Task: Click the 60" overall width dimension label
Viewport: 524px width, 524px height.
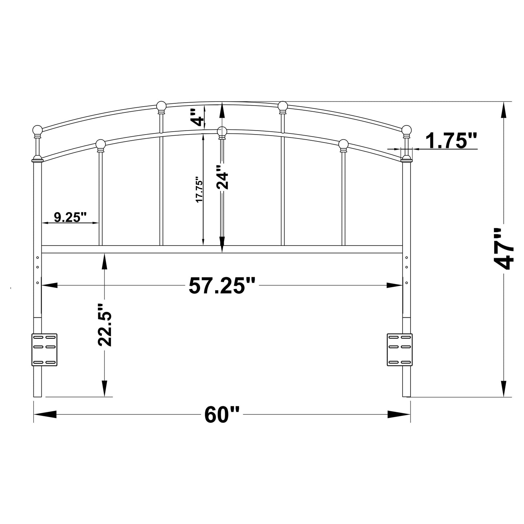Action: tap(222, 414)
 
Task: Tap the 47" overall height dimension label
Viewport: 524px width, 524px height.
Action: tap(504, 249)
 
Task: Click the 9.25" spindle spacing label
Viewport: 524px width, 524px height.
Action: tap(70, 217)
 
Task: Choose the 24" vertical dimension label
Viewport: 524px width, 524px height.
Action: tap(223, 178)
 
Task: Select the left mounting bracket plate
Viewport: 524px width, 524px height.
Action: tap(45, 350)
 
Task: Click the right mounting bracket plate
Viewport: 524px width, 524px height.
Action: tap(400, 350)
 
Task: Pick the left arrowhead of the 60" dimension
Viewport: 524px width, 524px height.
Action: tap(45, 414)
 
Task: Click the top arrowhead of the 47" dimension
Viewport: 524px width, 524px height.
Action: tap(504, 110)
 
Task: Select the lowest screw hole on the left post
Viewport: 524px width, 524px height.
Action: tap(38, 282)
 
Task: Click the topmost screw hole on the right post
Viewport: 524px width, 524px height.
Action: tap(407, 258)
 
